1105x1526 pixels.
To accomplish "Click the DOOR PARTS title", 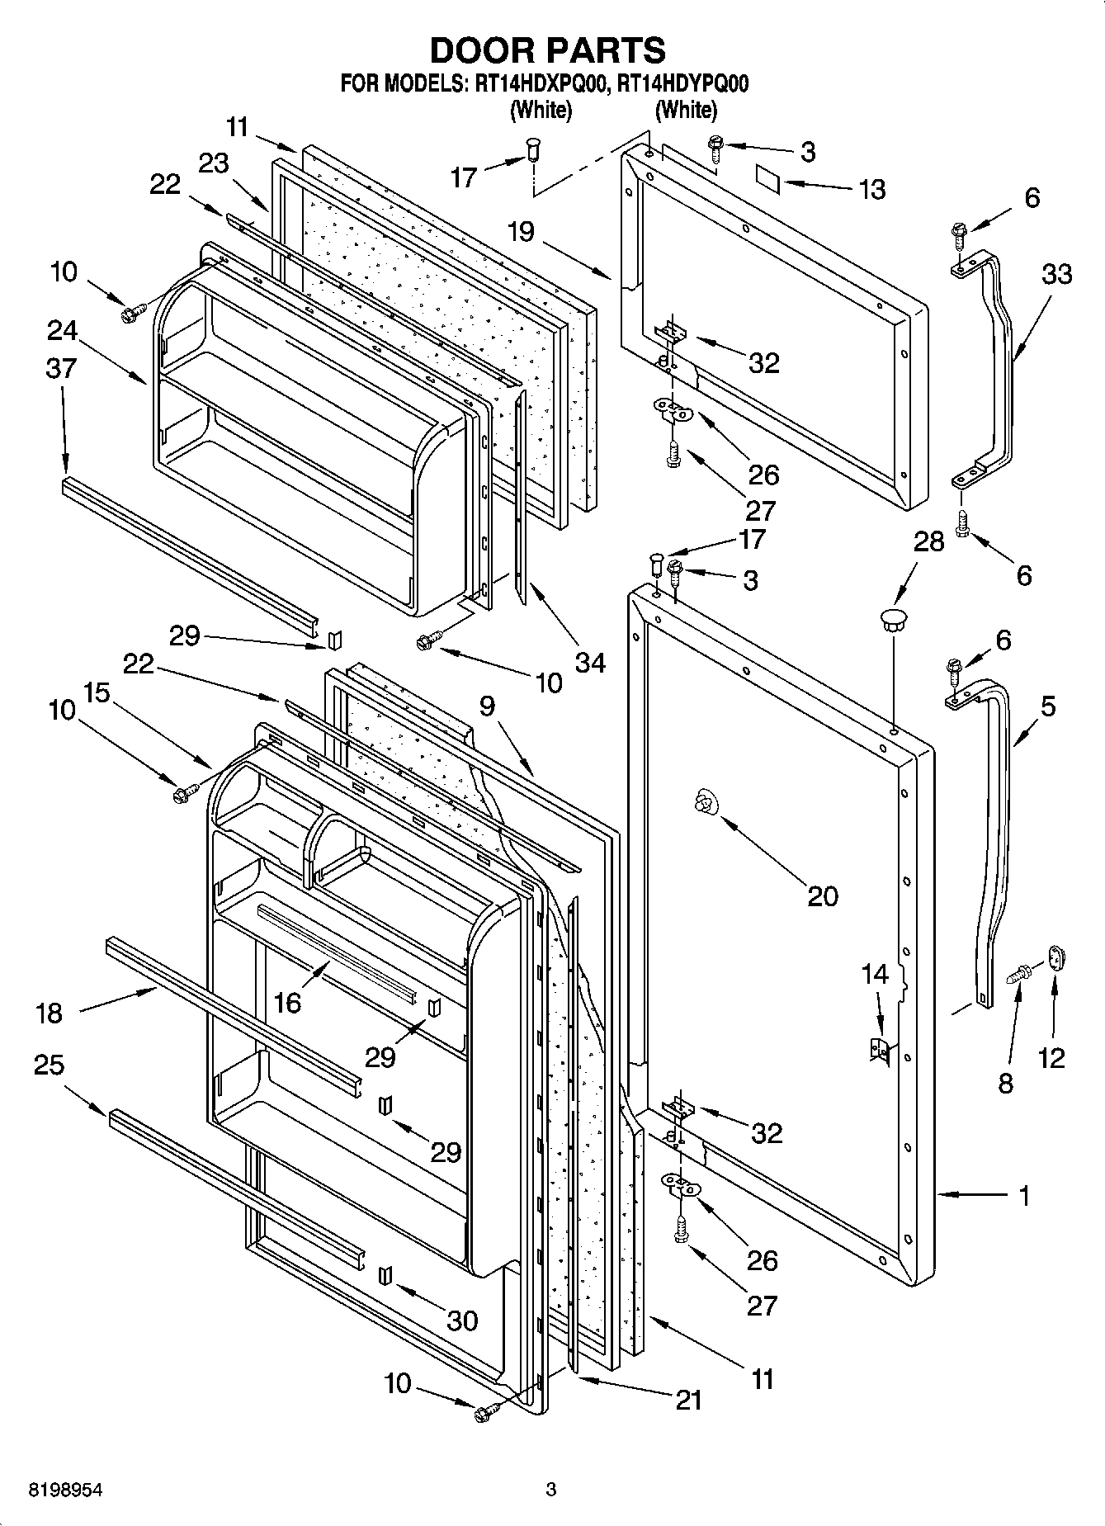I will coord(548,50).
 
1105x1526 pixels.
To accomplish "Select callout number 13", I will coord(871,189).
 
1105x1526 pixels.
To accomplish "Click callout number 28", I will coord(929,542).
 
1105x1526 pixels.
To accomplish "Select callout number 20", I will coord(822,895).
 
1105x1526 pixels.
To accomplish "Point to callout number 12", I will coord(1051,1057).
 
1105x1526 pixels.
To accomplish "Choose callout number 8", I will coord(1005,1082).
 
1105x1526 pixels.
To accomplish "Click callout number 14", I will coord(875,974).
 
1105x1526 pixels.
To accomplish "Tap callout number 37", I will coord(61,368).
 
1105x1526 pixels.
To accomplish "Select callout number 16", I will coord(287,1002).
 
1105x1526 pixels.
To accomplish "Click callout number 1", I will coord(1025,1195).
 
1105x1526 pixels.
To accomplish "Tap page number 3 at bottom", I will coord(551,1490).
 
